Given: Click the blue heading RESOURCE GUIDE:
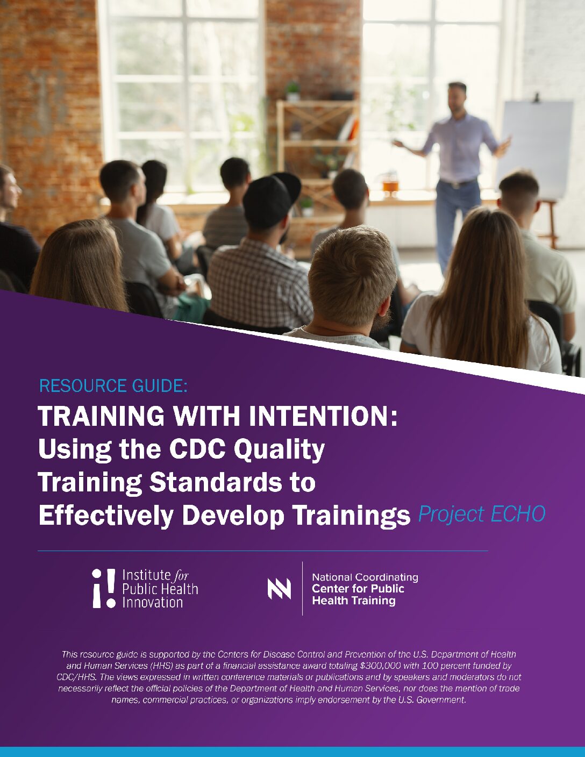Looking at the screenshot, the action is [x=113, y=386].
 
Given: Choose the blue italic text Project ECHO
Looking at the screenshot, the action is [x=482, y=514].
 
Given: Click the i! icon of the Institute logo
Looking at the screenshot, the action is [x=104, y=589].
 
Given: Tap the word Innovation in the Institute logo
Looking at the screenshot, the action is [x=153, y=602].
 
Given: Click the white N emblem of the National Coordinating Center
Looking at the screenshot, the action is [x=279, y=589].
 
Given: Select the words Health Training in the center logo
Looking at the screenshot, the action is [x=354, y=601].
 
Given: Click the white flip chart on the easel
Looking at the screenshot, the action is [x=536, y=149].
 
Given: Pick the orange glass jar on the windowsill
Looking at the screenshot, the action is [x=390, y=183].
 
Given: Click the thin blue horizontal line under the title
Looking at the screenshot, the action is [x=263, y=551].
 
